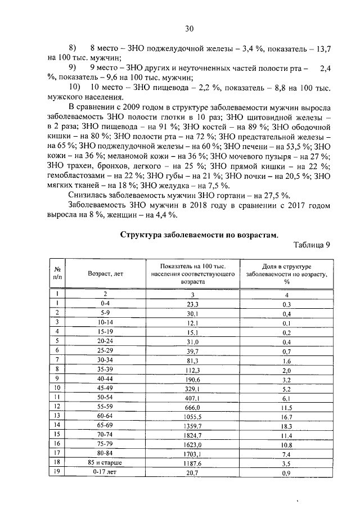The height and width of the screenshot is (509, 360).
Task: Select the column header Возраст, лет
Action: click(x=105, y=273)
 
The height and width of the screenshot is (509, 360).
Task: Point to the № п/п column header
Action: click(x=57, y=273)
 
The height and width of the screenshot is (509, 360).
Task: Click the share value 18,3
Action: click(x=286, y=425)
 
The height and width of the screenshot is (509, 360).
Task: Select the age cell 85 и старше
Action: click(x=105, y=463)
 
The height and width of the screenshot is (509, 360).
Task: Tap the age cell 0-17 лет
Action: click(x=105, y=472)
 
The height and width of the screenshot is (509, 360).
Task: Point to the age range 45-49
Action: click(x=105, y=388)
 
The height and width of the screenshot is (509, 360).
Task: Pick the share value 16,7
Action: click(x=286, y=416)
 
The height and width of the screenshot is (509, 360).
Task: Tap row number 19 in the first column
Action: click(x=57, y=472)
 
